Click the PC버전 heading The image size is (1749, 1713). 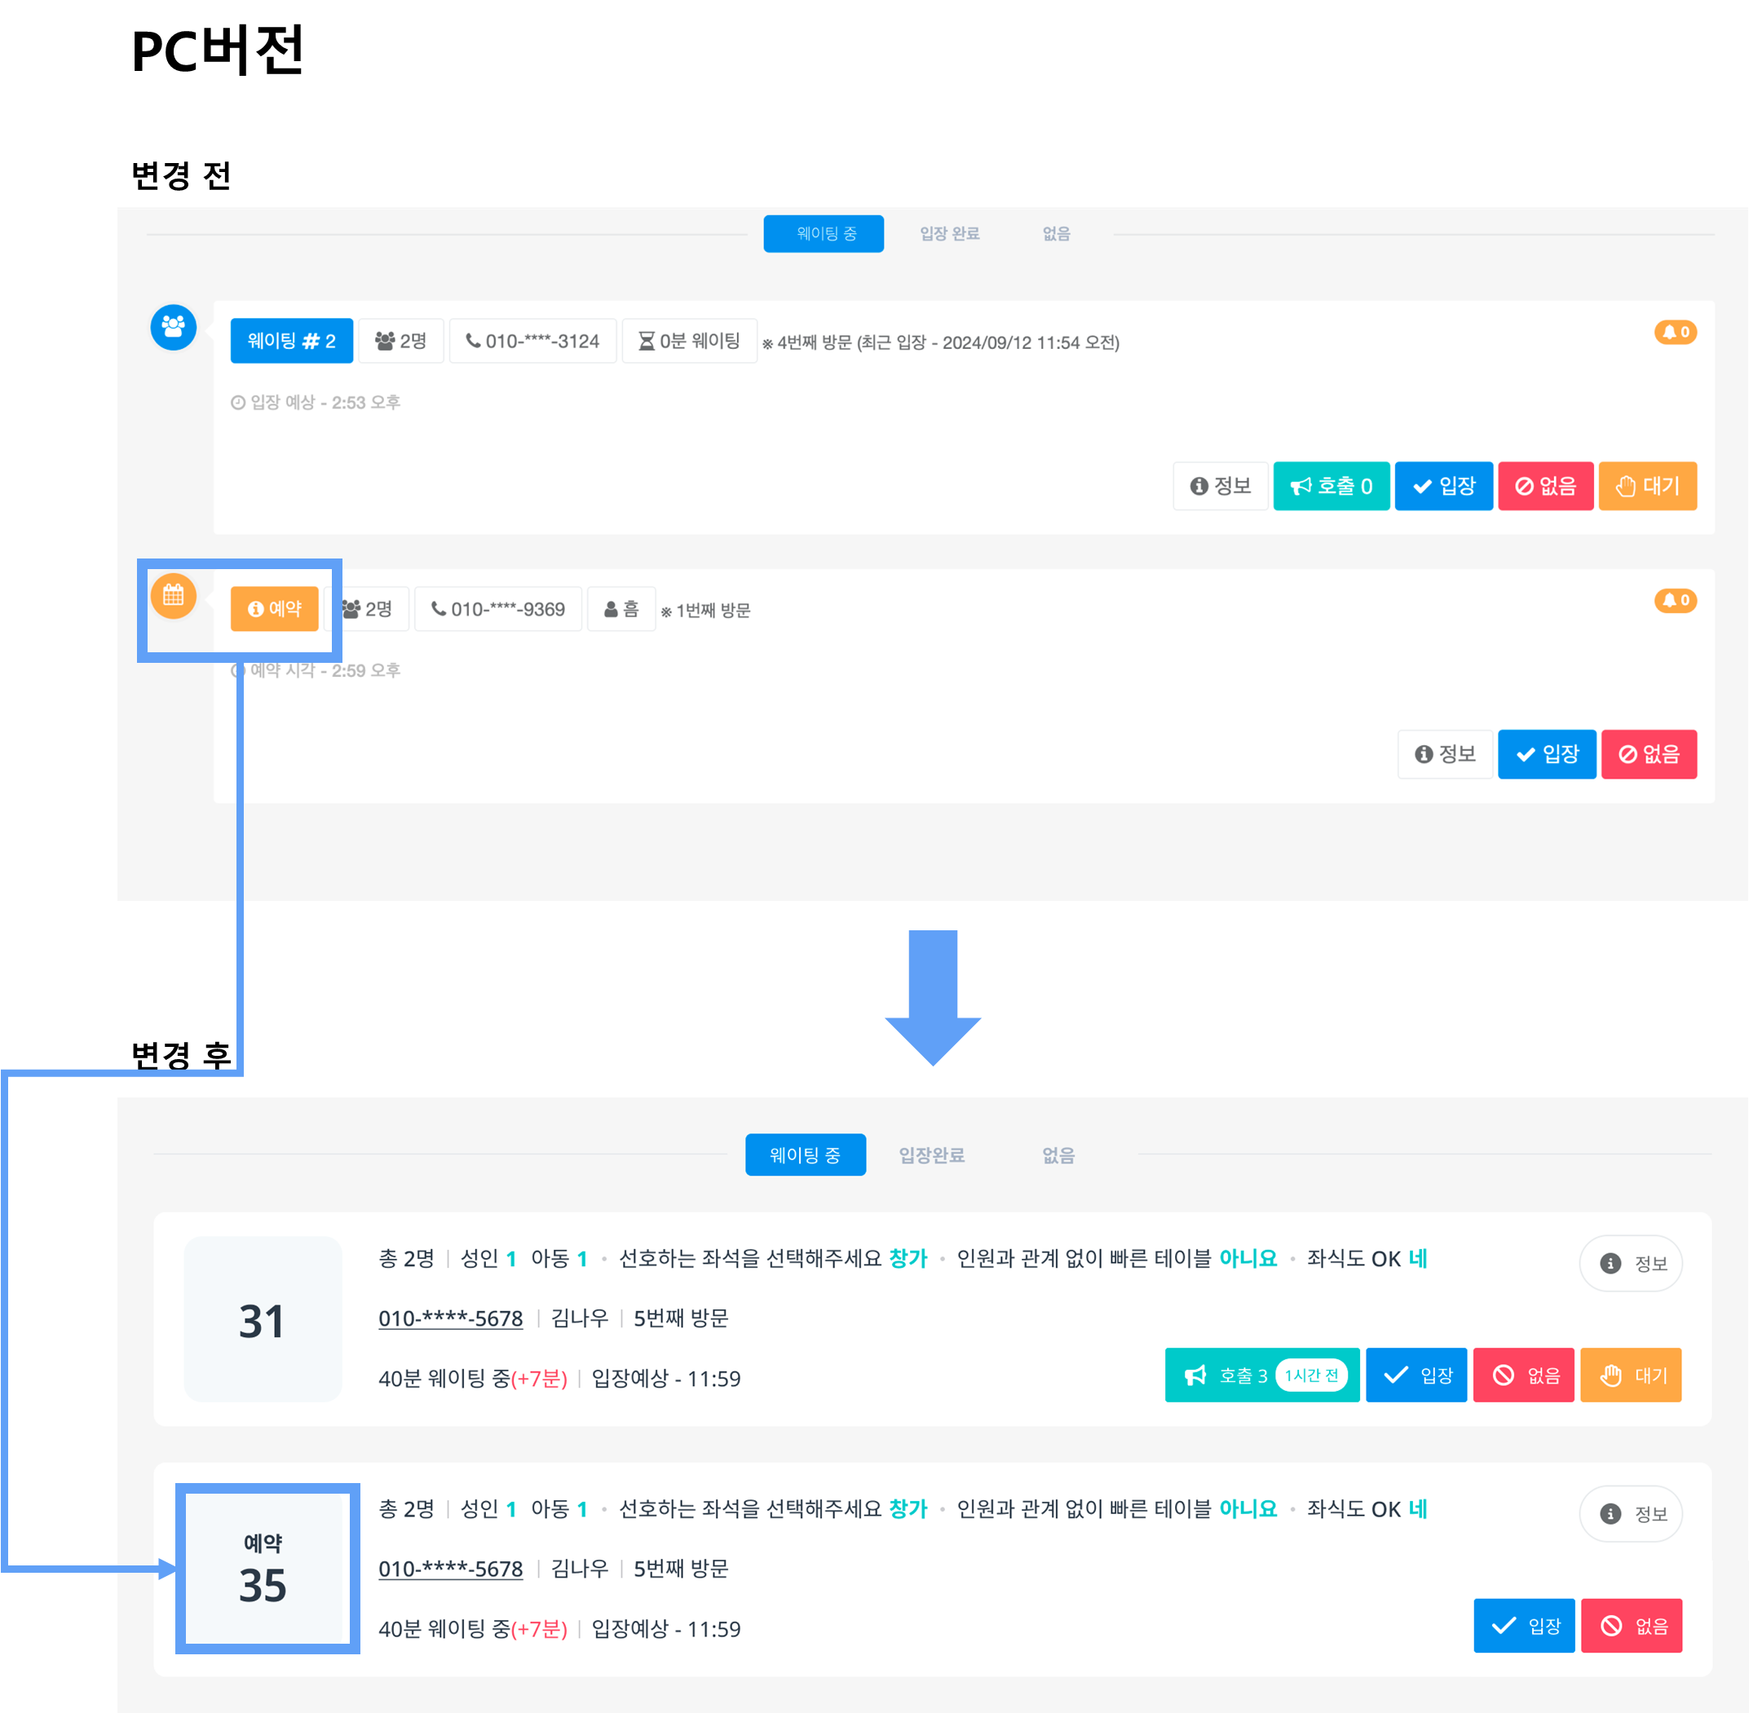point(218,51)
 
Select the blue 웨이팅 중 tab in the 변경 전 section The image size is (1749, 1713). point(824,234)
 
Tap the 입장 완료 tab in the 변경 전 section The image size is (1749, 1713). point(949,234)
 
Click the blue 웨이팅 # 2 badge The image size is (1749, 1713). point(292,341)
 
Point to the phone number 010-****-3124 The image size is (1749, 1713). point(532,341)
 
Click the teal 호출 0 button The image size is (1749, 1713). point(1331,486)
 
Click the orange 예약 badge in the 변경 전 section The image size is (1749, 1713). point(275,609)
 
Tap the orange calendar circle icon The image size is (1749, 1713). point(174,595)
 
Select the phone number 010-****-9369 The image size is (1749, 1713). point(498,609)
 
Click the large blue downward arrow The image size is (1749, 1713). point(933,998)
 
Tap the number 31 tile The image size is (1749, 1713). point(263,1319)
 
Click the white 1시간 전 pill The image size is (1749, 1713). point(1311,1375)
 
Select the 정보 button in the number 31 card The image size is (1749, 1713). point(1630,1263)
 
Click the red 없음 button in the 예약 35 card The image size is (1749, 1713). point(1631,1626)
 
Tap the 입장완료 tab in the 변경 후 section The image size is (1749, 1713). point(932,1155)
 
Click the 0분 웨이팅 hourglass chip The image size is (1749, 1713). point(689,341)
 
